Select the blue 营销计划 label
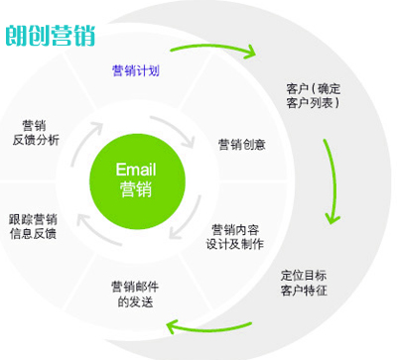pos(136,70)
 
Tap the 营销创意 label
pos(242,144)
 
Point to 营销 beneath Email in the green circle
pos(136,188)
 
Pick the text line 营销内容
pos(235,229)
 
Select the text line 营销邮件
pos(136,288)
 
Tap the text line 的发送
pos(136,302)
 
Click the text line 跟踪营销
pos(32,219)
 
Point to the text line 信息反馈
pos(32,234)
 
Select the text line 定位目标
pos(305,276)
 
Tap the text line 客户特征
pos(305,292)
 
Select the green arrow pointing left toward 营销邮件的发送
pos(213,320)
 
